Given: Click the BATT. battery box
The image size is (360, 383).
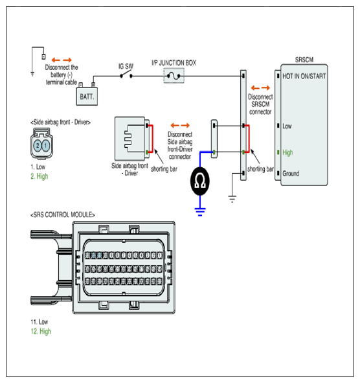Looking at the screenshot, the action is [x=87, y=97].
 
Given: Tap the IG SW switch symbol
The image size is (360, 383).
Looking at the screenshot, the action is [x=126, y=75].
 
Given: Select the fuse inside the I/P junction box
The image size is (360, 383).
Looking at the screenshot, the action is [x=174, y=76].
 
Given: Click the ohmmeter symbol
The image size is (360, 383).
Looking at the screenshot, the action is [x=200, y=181].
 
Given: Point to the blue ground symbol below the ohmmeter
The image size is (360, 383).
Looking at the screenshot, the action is [x=200, y=211].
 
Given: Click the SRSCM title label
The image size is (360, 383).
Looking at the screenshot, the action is [x=304, y=60].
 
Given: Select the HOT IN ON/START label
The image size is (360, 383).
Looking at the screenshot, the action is [x=304, y=76].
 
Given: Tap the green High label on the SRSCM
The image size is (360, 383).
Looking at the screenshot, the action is [x=287, y=153].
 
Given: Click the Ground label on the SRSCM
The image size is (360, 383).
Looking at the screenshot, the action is [x=291, y=174].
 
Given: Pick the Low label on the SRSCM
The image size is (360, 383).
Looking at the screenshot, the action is [x=287, y=126].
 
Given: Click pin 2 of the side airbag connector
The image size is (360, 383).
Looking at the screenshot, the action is [x=38, y=146].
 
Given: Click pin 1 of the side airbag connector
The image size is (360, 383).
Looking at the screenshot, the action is [x=45, y=146].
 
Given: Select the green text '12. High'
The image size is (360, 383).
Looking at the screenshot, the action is [x=41, y=331].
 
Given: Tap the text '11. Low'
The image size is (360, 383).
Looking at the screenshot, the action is [x=39, y=321].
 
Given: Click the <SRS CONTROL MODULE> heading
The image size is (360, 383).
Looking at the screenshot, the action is [x=63, y=215].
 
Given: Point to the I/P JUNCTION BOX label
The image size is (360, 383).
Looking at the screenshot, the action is [x=174, y=63].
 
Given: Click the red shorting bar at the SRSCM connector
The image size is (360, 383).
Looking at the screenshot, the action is [x=248, y=139].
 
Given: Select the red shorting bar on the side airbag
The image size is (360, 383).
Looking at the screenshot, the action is [x=152, y=139].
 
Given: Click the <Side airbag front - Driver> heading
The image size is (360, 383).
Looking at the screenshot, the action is [x=60, y=122].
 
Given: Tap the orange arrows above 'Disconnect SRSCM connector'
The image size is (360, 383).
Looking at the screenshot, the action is [x=260, y=87].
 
